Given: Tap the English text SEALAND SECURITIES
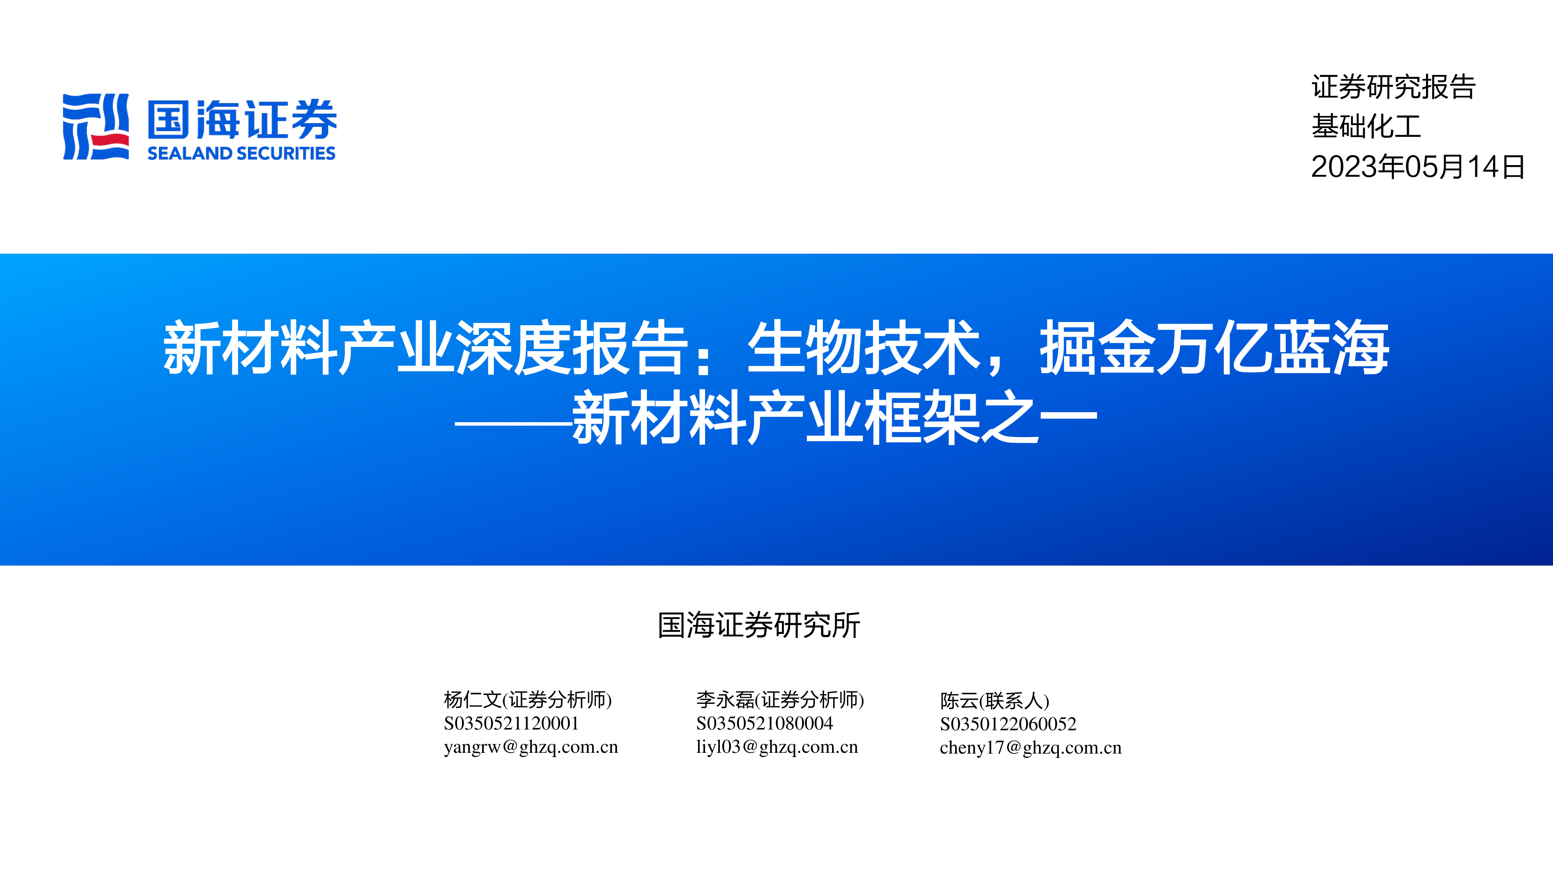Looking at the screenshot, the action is pyautogui.click(x=241, y=153).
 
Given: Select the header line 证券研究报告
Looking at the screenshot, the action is pyautogui.click(x=1393, y=87).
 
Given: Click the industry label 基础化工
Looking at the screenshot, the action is pyautogui.click(x=1366, y=127).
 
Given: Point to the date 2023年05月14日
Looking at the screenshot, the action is pyautogui.click(x=1418, y=167).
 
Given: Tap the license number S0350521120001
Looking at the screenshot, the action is pyautogui.click(x=511, y=723).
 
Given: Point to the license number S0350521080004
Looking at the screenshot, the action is pyautogui.click(x=764, y=723).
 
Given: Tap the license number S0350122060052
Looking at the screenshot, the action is pyautogui.click(x=1008, y=724).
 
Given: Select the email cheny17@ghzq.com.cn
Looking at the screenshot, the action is pyautogui.click(x=1031, y=748).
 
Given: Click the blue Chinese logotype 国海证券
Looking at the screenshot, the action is pyautogui.click(x=242, y=119).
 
